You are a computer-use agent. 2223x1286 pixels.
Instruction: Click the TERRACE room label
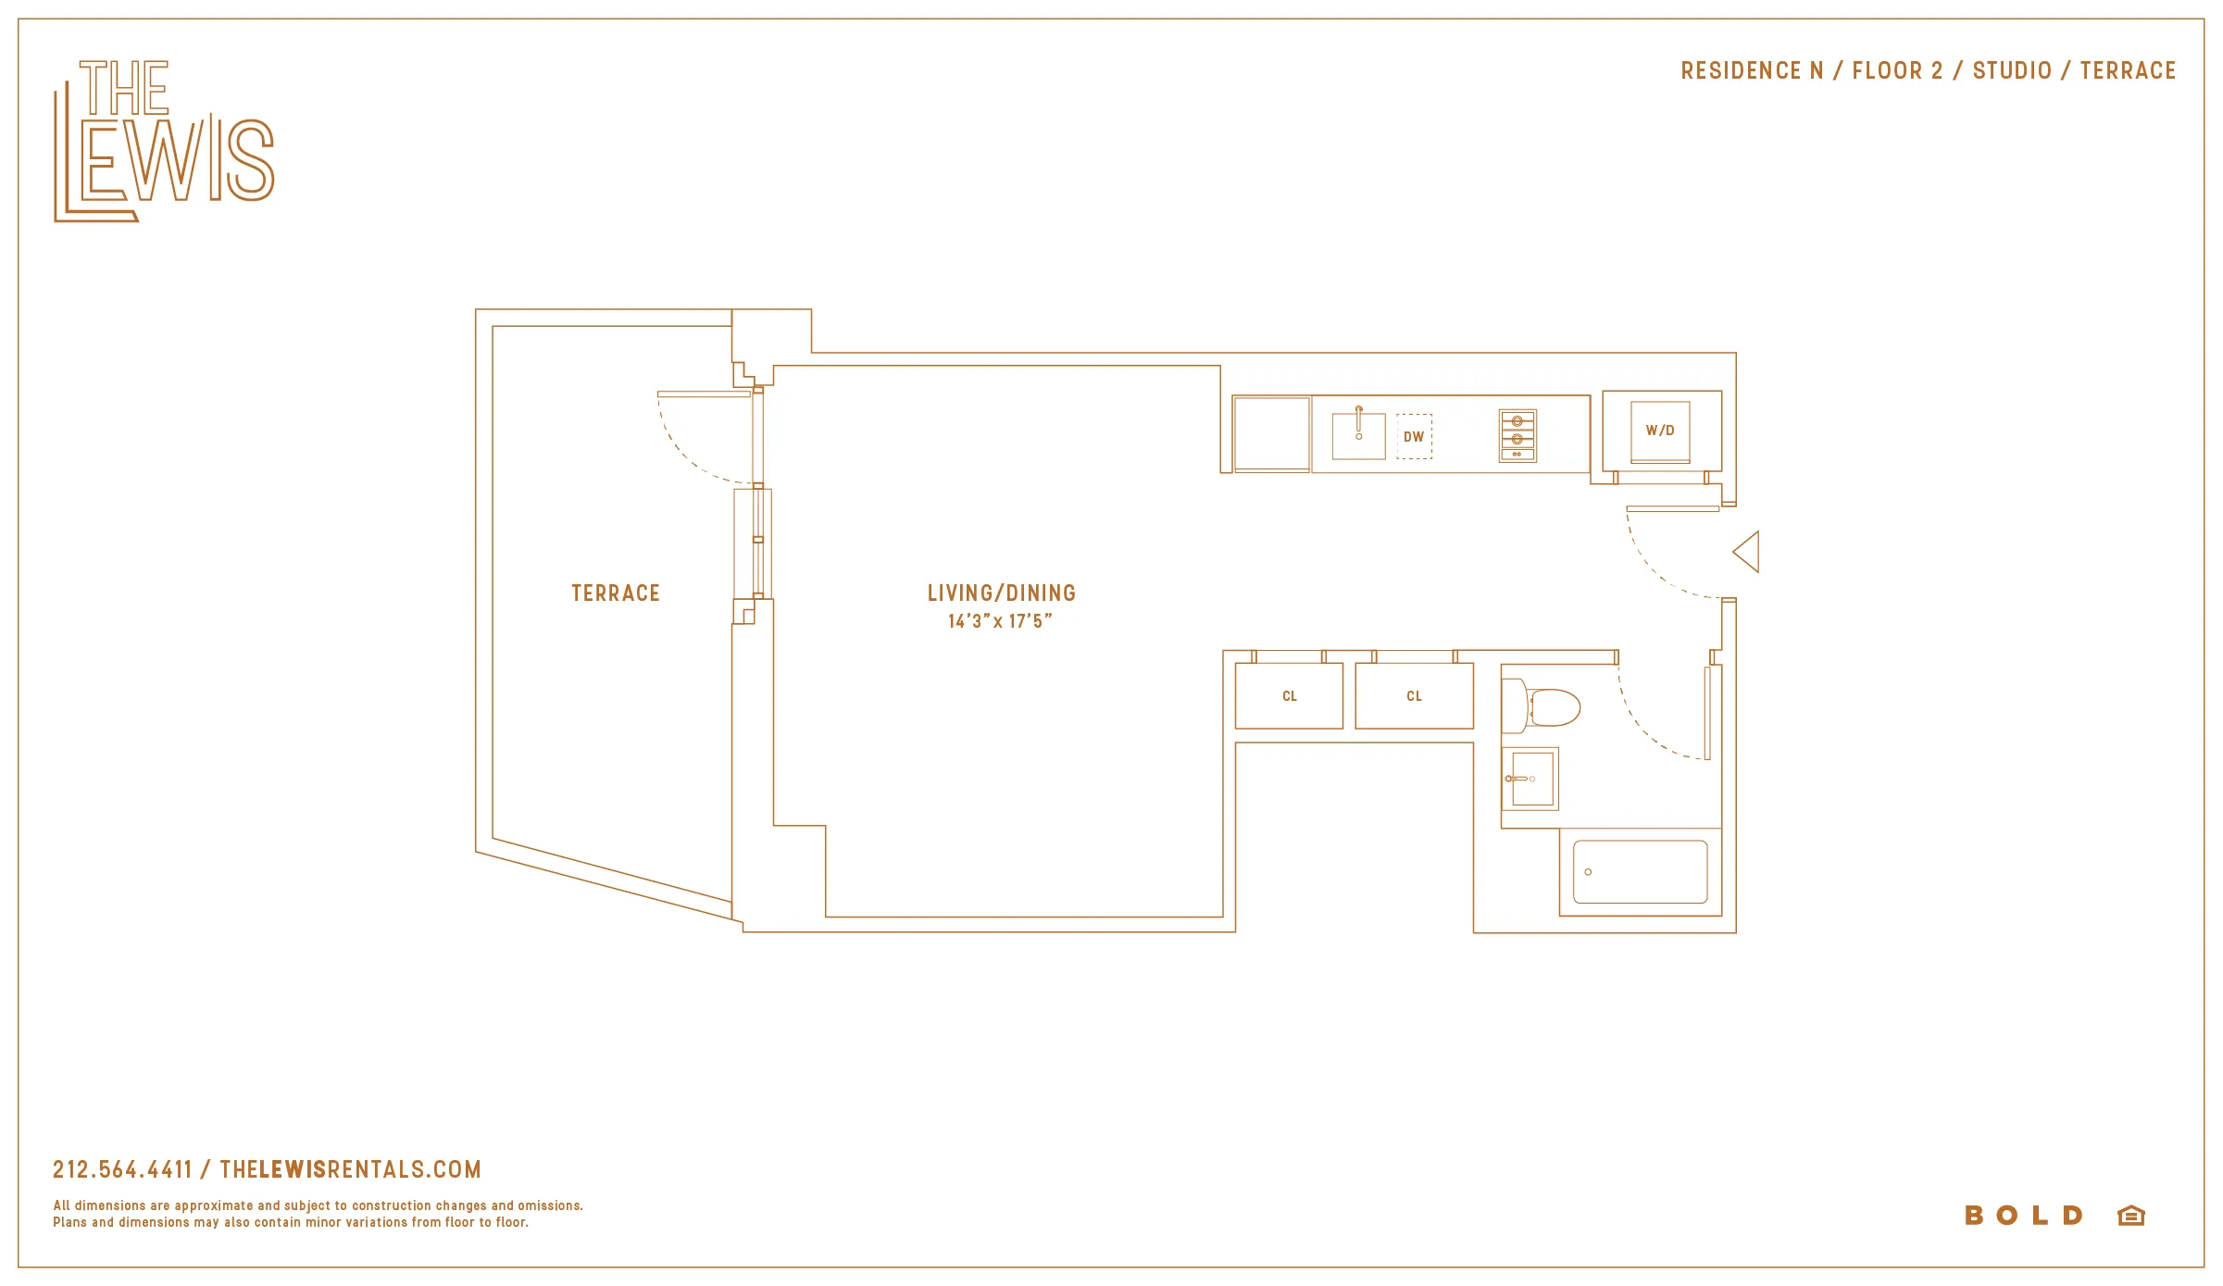coord(616,593)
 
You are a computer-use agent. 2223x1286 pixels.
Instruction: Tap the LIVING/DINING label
coord(1001,593)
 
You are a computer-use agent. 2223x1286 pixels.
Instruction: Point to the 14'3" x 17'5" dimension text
coord(1000,621)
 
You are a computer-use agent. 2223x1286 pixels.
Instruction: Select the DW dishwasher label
coord(1414,437)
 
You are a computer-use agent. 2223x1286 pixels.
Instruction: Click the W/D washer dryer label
coord(1660,431)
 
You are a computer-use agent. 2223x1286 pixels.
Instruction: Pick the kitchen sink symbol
coord(1358,435)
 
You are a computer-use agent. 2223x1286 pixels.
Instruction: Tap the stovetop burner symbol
coord(1517,436)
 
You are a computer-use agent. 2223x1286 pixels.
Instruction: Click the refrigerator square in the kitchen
coord(1271,433)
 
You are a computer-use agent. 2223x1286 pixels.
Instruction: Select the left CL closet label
coord(1290,696)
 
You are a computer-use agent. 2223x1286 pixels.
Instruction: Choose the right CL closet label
coord(1414,696)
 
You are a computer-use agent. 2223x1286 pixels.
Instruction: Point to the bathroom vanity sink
coord(1531,779)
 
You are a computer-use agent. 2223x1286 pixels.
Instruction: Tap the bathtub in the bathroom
coord(1640,871)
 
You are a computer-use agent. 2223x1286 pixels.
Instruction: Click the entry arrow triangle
coord(1748,553)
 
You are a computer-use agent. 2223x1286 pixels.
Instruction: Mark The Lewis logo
coord(164,141)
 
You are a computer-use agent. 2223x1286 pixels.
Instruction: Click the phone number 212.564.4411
coord(122,1170)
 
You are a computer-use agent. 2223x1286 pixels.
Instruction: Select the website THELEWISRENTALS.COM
coord(351,1170)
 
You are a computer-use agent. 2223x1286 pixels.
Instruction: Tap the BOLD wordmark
coord(2024,1216)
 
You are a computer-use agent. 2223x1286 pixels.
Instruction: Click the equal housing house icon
coord(2131,1216)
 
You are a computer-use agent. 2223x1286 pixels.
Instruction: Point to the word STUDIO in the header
coord(2012,71)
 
